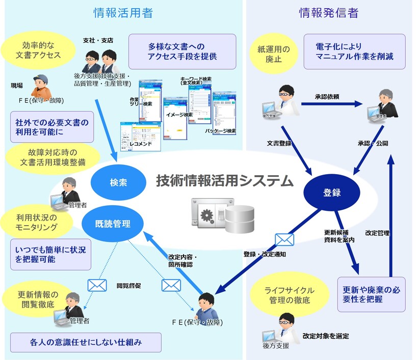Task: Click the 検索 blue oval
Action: click(x=114, y=182)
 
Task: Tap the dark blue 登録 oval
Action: click(x=332, y=192)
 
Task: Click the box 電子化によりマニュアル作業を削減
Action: click(x=354, y=51)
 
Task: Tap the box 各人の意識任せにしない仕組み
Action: click(x=86, y=343)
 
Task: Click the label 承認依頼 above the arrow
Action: click(x=327, y=96)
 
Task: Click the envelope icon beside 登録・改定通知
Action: click(x=284, y=239)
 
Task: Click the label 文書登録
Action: click(x=279, y=144)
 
